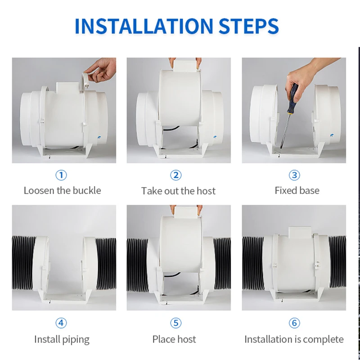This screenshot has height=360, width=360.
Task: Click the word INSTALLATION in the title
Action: [x=144, y=26]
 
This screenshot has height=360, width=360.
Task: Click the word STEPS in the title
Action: [x=249, y=26]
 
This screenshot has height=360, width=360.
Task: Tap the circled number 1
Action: [x=61, y=175]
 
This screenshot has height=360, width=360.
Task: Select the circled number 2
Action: [x=176, y=175]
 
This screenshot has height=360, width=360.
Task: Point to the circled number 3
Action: [x=294, y=175]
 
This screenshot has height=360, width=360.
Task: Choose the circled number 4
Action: [x=61, y=323]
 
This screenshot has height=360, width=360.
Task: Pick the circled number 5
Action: [x=176, y=323]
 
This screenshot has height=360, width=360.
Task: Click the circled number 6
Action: [x=294, y=323]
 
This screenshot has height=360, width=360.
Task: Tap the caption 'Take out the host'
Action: [x=178, y=191]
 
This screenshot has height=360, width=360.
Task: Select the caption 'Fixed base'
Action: [x=297, y=190]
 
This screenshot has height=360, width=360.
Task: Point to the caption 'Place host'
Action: [x=174, y=339]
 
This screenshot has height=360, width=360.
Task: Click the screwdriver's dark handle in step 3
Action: [x=293, y=99]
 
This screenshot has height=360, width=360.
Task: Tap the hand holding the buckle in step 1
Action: [x=101, y=70]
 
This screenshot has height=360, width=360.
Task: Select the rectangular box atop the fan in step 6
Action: [x=300, y=232]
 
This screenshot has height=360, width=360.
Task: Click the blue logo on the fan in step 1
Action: [x=99, y=137]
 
